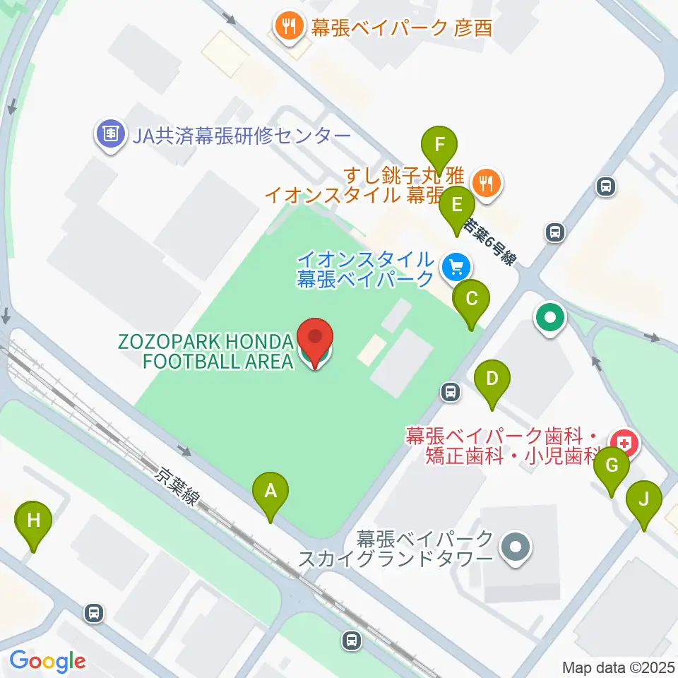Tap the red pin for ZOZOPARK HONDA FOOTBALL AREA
point(315,341)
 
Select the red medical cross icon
point(624,444)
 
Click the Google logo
point(47,661)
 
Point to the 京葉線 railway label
point(177,487)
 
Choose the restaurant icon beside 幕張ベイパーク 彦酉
point(287,27)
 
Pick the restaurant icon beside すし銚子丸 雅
point(486,183)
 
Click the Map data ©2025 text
point(619,667)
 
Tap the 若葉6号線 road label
point(489,241)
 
